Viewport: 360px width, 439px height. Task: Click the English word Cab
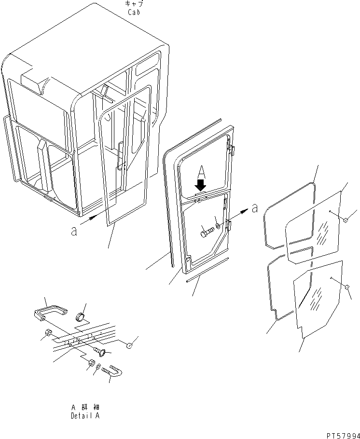click(x=134, y=12)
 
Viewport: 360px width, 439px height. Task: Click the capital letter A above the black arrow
click(x=201, y=171)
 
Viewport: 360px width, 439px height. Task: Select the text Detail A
click(x=85, y=415)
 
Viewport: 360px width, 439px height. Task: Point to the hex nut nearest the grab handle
click(x=48, y=332)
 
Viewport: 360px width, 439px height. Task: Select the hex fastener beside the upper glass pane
click(x=346, y=220)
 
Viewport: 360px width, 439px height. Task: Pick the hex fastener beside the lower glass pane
click(x=346, y=288)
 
